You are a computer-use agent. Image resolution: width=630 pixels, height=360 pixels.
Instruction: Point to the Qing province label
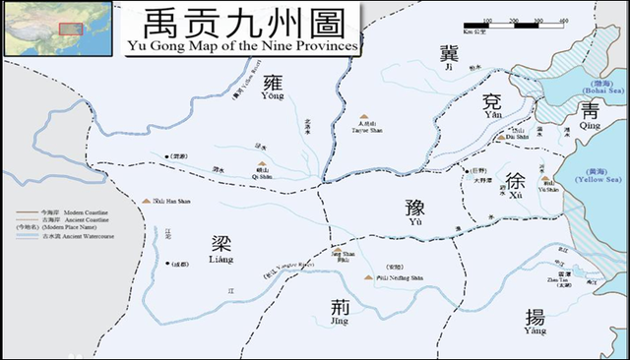click(x=590, y=113)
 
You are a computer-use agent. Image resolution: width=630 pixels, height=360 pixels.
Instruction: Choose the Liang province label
click(x=220, y=247)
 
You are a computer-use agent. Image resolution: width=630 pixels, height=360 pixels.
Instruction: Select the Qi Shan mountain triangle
click(x=262, y=165)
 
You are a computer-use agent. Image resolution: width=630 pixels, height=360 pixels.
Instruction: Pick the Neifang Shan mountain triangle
click(x=368, y=277)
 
